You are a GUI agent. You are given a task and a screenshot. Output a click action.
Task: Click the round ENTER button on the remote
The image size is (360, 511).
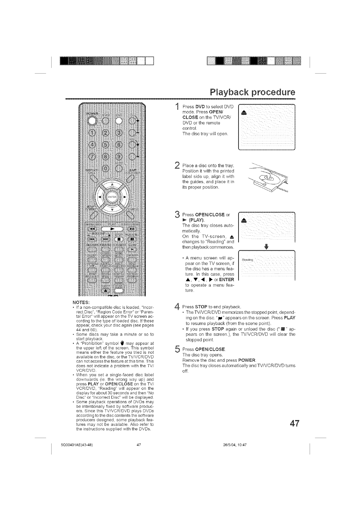(x=112, y=197)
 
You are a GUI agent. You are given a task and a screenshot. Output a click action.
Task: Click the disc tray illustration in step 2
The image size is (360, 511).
(x=268, y=180)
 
